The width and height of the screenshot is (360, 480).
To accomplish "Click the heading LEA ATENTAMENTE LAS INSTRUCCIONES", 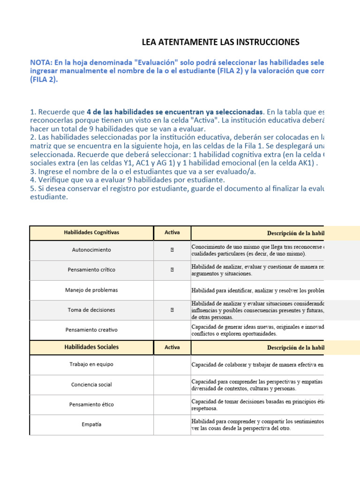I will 220,43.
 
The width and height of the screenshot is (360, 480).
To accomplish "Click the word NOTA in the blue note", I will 41,62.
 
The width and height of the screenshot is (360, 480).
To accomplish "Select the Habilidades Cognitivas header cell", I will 92,232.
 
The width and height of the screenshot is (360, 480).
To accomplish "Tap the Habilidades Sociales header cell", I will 91,347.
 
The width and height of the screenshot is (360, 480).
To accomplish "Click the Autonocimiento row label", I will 92,250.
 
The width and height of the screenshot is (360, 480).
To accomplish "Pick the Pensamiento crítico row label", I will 92,270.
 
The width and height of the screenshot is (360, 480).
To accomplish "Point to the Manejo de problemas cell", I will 92,290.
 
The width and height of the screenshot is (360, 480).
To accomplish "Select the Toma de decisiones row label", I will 92,310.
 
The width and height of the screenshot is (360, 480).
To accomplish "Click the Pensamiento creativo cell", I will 92,330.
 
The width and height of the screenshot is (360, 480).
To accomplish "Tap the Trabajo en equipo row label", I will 92,364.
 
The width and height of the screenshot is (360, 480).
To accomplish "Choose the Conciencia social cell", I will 92,385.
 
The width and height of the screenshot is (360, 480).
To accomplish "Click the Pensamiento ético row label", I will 92,405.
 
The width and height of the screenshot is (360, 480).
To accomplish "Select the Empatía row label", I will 92,425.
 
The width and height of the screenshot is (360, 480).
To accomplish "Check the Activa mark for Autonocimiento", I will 172,250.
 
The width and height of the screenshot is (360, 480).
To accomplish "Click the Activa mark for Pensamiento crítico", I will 172,270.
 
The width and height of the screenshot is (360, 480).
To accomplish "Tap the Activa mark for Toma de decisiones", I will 172,310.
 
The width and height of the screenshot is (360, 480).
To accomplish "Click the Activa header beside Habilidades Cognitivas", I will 172,232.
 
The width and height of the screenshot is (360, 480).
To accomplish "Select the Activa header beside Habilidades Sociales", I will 172,347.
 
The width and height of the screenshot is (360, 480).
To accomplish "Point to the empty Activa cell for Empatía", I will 172,425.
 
